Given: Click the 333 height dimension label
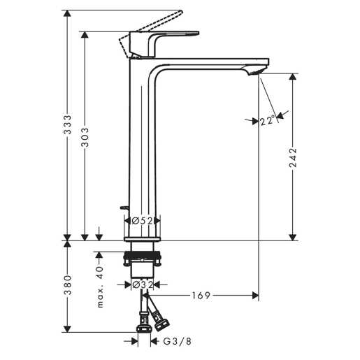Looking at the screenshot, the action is [68, 124].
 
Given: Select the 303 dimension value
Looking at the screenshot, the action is [85, 137].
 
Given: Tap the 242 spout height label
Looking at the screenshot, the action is [293, 157].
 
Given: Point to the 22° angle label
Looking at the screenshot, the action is [267, 120].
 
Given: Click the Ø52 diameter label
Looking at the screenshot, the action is [142, 220].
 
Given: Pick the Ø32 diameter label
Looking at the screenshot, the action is [143, 285].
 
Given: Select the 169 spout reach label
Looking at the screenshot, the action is [201, 296].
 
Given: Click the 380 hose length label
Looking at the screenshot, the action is [68, 285].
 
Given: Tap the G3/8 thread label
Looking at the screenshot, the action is [177, 341].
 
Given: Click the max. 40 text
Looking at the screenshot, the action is [100, 287].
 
